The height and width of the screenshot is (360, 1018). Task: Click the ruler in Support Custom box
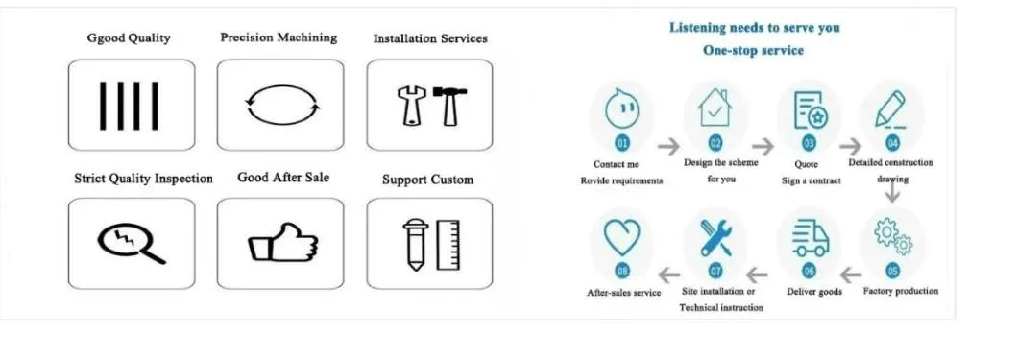(x=448, y=244)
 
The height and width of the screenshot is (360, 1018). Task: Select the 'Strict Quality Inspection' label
(x=143, y=179)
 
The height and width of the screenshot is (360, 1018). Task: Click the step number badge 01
(x=622, y=143)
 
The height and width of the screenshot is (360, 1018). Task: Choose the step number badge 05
(x=893, y=270)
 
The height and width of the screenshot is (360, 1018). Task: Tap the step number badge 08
(x=622, y=271)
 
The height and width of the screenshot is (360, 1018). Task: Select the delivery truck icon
(x=810, y=237)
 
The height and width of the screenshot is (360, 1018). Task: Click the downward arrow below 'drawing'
(x=892, y=192)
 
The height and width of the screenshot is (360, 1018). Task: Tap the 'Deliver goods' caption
(x=813, y=292)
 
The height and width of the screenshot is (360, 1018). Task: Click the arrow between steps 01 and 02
(x=667, y=146)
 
